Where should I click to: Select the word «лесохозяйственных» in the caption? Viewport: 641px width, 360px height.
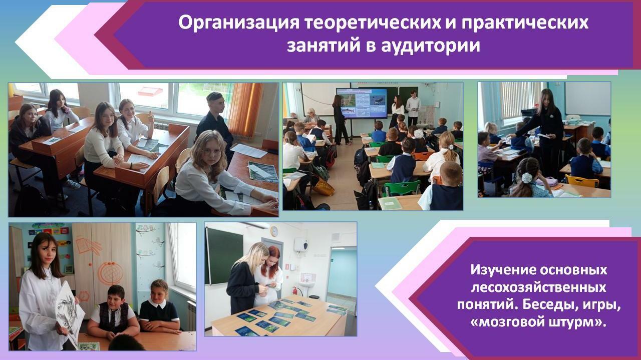(x=538, y=287)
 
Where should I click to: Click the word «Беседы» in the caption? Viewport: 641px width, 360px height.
(x=548, y=304)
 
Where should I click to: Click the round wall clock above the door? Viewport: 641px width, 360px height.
(x=274, y=231)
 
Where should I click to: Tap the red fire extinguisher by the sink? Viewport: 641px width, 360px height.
(x=294, y=291)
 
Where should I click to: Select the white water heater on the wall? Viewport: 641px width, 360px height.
(x=300, y=245)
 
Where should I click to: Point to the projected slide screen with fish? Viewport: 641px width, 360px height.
(x=362, y=103)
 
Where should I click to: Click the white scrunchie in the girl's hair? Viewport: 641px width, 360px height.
(x=526, y=178)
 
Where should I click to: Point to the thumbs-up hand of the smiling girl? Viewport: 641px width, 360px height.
(x=151, y=117)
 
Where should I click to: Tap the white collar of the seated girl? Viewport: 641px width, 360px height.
(x=157, y=303)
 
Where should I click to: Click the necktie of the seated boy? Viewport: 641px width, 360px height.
(x=113, y=317)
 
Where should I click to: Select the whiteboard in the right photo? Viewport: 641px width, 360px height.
(x=588, y=99)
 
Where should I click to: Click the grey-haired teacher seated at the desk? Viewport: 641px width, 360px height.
(x=311, y=115)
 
